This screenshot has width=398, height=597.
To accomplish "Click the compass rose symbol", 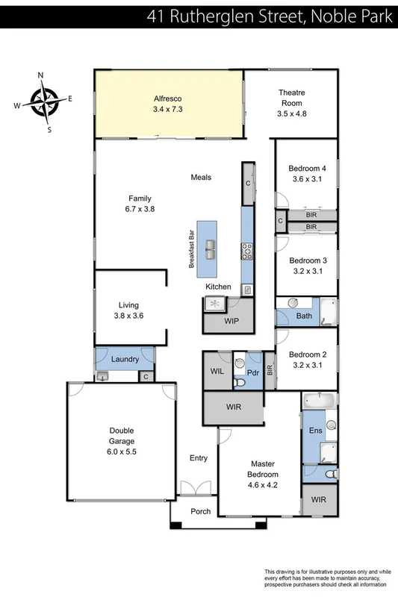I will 44,99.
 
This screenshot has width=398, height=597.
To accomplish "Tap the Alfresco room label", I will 168,99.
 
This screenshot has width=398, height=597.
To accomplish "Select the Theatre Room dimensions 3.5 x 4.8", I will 292,113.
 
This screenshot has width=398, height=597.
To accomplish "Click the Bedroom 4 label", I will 308,168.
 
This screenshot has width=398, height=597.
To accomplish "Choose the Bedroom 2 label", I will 308,354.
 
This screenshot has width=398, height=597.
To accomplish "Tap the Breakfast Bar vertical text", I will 191,250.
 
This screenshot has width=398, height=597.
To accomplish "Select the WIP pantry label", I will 231,321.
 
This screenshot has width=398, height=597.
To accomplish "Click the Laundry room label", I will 125,360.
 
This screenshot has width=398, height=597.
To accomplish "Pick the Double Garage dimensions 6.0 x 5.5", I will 122,451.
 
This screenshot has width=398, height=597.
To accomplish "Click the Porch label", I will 200,511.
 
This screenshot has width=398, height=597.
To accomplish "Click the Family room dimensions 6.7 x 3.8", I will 140,209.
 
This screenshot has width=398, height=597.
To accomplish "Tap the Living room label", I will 128,305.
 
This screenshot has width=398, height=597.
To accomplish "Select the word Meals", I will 201,178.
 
